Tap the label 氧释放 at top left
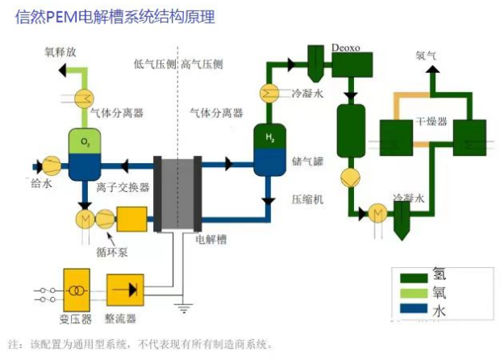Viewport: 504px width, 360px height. click(62, 52)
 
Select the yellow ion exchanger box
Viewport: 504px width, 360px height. click(131, 220)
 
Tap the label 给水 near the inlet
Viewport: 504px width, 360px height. click(42, 184)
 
